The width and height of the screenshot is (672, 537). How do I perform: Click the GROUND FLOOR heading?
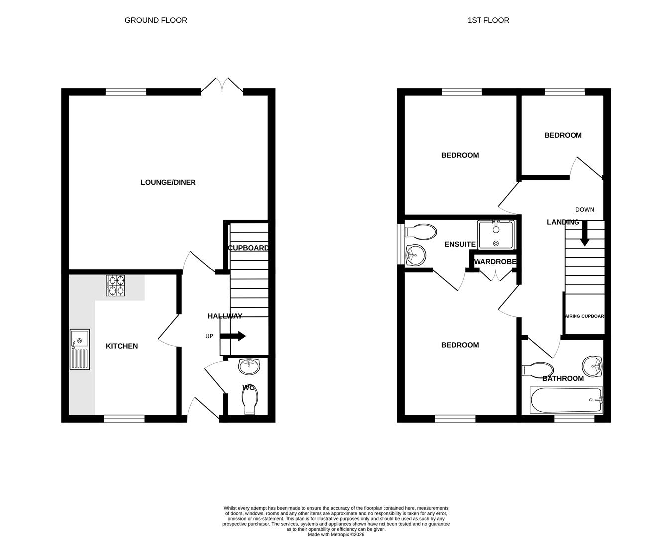point(156,20)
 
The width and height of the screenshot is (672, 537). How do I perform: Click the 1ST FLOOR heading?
point(488,20)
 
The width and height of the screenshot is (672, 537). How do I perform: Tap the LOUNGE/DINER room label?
point(168,182)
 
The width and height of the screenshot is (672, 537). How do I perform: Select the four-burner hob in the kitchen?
point(116,286)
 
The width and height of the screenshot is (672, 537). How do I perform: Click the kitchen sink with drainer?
point(79,349)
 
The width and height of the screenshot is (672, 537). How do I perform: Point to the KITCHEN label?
point(122,346)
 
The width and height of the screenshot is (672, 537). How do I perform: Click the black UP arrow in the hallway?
point(233,336)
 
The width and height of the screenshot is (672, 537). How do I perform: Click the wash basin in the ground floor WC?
point(248,367)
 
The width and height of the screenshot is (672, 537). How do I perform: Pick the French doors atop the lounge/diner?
point(222,86)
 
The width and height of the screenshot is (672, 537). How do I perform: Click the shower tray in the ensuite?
point(495,235)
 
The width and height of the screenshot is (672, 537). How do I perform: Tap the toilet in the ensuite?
point(420,232)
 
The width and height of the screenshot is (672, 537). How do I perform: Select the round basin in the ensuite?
point(416,256)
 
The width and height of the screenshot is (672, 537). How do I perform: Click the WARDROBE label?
point(495,262)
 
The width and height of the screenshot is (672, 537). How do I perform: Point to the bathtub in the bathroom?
point(567,400)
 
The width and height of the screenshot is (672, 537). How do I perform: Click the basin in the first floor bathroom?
point(592,367)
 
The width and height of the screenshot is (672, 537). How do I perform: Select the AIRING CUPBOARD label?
point(584,316)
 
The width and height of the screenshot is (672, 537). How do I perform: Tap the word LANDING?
point(563,222)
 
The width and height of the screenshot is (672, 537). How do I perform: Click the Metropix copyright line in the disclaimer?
point(336,534)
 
